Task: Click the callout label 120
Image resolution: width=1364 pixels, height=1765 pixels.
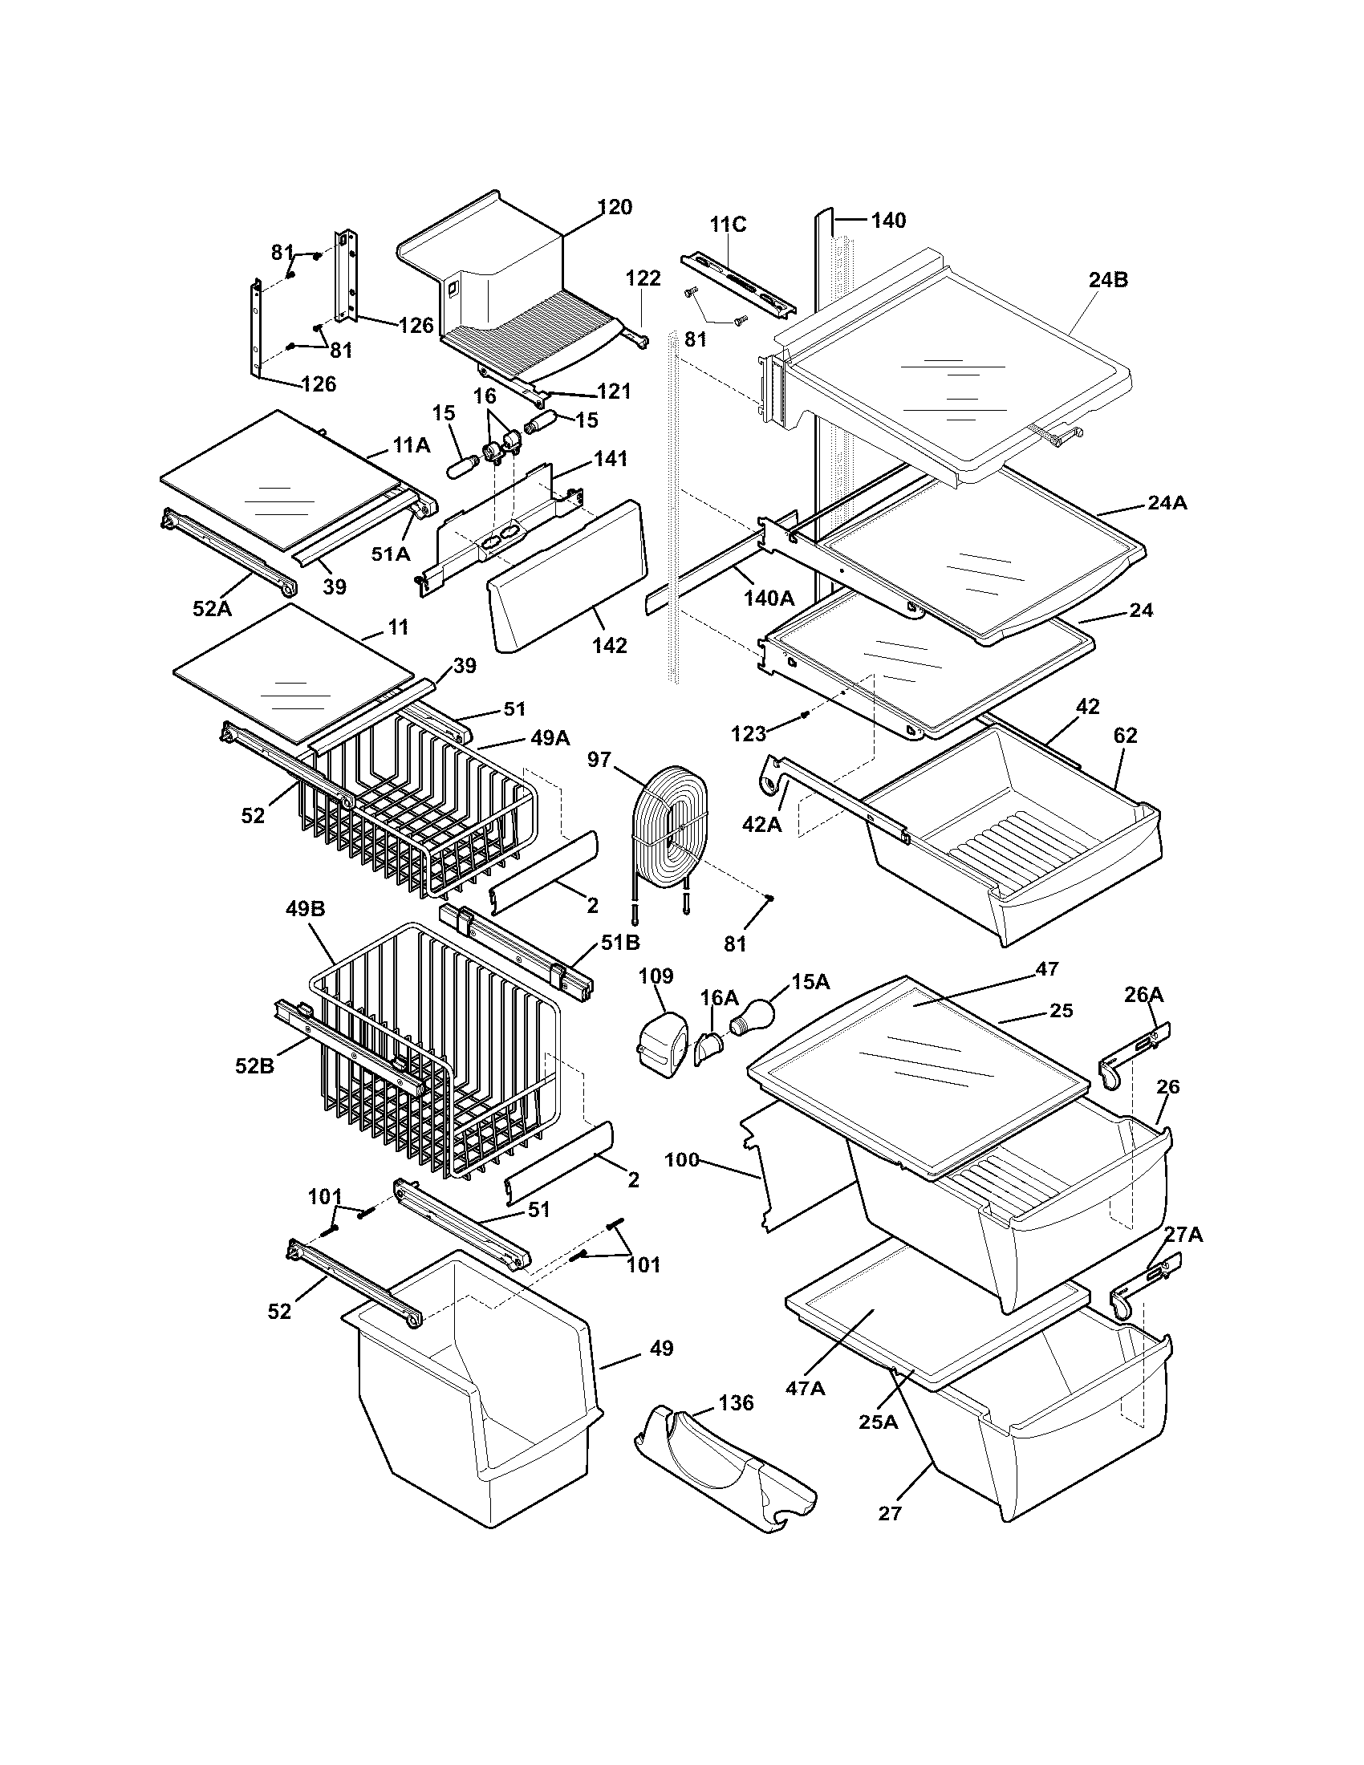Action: coord(615,207)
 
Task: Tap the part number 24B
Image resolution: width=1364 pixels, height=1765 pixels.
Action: coord(1108,280)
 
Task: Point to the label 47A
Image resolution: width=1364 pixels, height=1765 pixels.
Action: coord(805,1388)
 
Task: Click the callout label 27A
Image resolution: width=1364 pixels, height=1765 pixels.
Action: coord(1183,1234)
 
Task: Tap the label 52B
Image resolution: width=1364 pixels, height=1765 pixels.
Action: coord(254,1066)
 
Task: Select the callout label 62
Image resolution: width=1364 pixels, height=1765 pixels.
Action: coord(1124,736)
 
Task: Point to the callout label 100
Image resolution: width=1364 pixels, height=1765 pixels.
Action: coord(681,1160)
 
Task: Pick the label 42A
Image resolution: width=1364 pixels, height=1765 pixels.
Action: coord(762,823)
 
